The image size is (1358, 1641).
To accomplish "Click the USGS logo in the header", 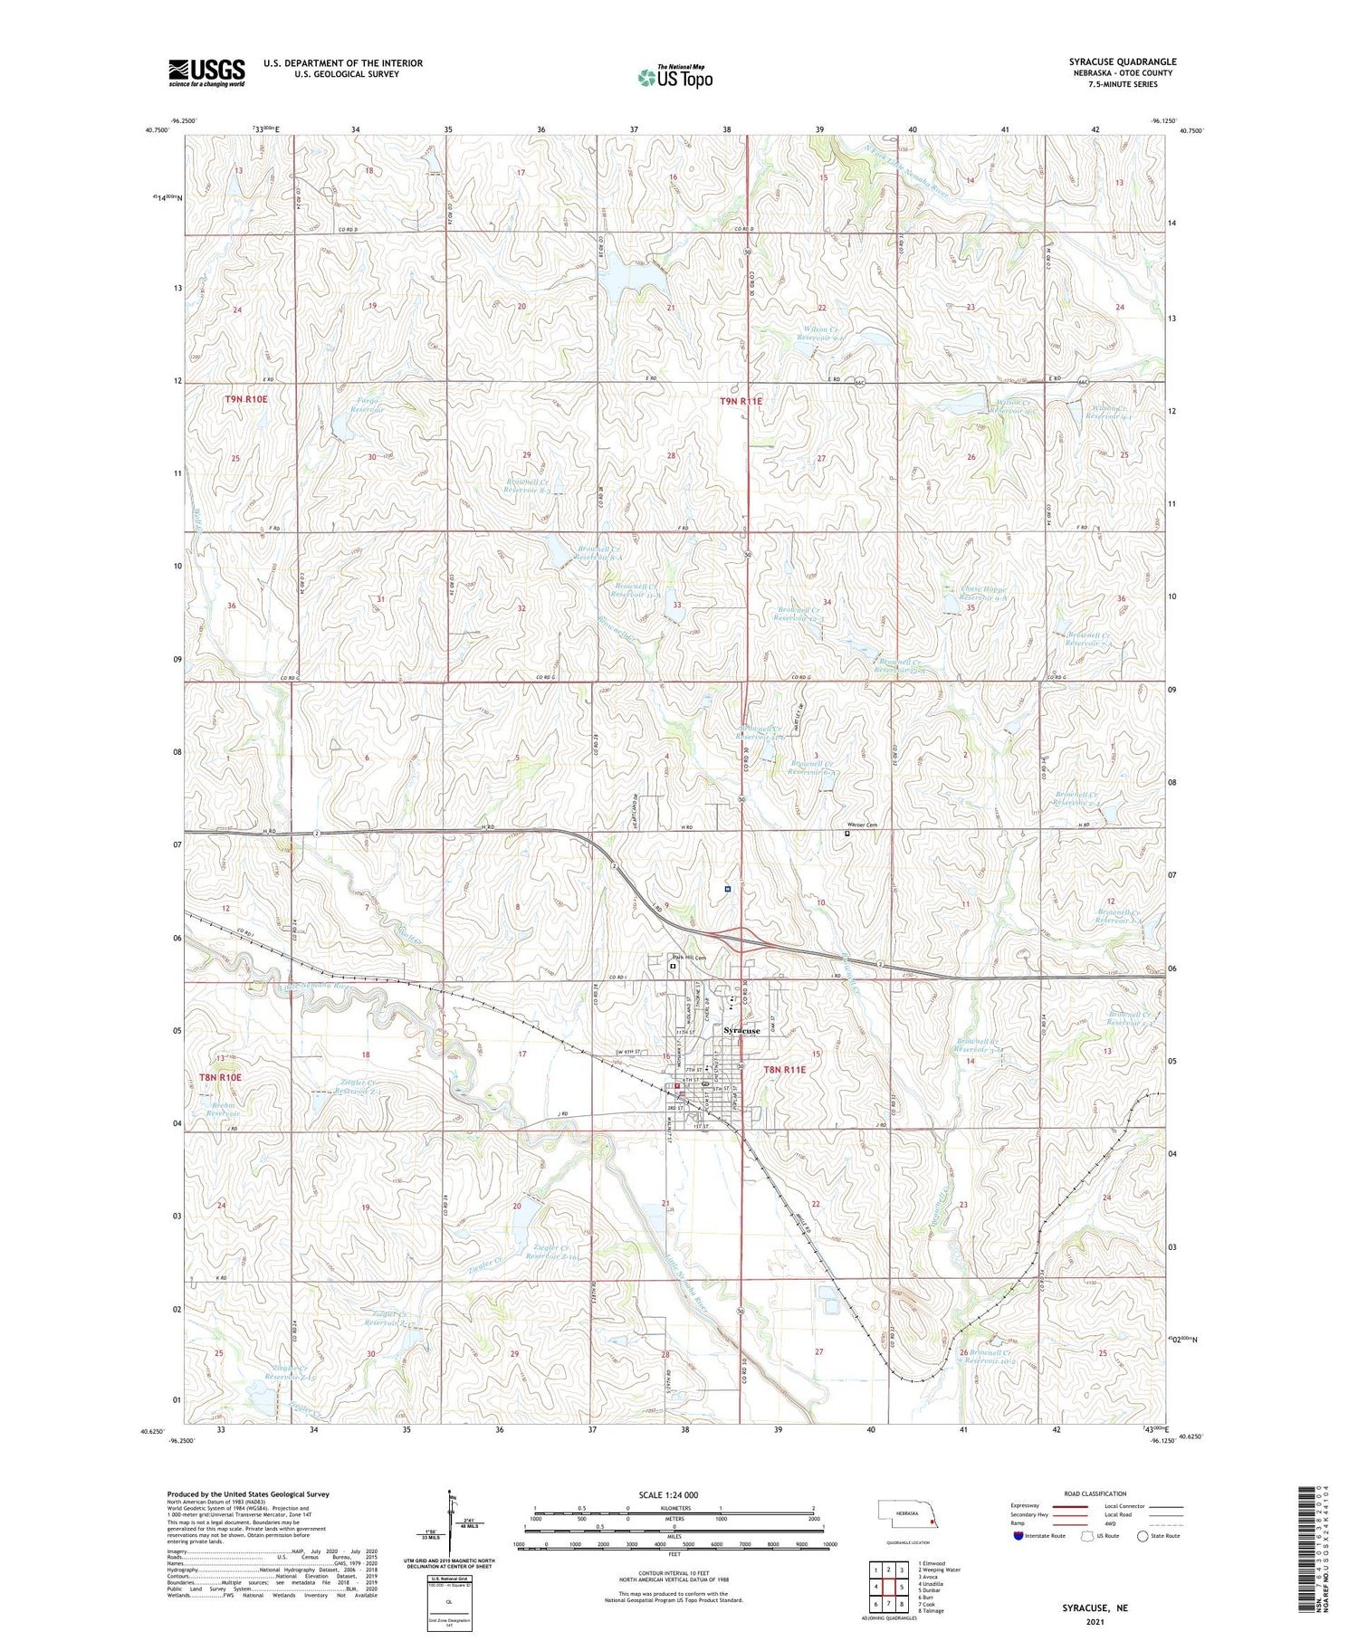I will coord(206,72).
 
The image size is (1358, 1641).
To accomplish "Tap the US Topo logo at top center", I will coord(674,77).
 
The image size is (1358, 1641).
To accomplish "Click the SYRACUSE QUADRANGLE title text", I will coord(1122,62).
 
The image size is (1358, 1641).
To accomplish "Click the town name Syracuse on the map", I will coord(741,1030).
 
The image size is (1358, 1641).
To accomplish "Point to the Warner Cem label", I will coord(861,825).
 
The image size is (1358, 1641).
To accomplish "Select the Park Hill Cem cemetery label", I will coord(688,958).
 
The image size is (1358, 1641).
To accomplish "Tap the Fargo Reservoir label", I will coord(360,405).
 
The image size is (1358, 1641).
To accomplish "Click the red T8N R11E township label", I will coord(784,1069).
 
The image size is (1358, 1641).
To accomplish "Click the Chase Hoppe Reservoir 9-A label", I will coord(983,594).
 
